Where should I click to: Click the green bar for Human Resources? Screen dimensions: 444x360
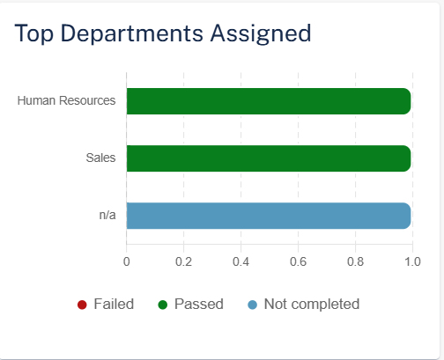tap(269, 101)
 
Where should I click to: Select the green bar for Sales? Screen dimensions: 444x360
tap(269, 158)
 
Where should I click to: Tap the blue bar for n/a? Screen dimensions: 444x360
tap(269, 216)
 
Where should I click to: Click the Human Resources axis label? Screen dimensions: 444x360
tap(66, 100)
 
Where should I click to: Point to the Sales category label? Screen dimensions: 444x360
tap(100, 158)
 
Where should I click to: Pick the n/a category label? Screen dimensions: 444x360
tap(107, 215)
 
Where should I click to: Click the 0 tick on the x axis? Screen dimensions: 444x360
tap(127, 261)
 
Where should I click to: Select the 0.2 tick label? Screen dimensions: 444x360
tap(183, 261)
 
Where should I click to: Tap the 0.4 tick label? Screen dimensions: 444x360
tap(240, 261)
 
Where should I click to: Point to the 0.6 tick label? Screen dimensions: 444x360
tap(298, 261)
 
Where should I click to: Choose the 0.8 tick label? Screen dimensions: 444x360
tap(355, 261)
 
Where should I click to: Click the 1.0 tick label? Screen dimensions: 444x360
tap(412, 261)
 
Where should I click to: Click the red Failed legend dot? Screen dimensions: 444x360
tap(82, 305)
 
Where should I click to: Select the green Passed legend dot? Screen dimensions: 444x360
tap(163, 305)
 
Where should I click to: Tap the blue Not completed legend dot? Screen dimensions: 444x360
tap(253, 305)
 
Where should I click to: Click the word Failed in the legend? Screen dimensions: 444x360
tap(114, 304)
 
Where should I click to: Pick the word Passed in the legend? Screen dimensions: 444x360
tap(199, 304)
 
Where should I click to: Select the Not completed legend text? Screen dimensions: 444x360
tap(312, 304)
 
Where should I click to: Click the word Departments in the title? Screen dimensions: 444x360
tap(132, 33)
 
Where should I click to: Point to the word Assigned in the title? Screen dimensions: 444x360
tap(261, 33)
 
